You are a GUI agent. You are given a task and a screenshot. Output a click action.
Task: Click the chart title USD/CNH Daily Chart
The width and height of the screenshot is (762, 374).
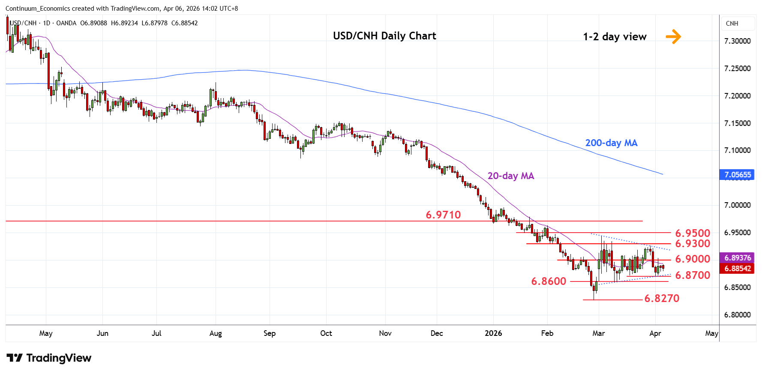click(384, 36)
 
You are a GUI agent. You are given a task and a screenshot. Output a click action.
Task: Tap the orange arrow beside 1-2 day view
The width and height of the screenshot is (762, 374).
click(673, 36)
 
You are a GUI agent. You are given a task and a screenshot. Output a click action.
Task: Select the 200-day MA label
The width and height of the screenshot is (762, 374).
click(611, 143)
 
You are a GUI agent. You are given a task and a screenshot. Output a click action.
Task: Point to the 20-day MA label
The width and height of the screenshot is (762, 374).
click(510, 176)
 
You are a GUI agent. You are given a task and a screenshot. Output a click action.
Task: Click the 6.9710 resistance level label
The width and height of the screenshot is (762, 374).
click(443, 215)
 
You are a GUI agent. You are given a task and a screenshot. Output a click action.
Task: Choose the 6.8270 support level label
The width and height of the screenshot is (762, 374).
click(662, 298)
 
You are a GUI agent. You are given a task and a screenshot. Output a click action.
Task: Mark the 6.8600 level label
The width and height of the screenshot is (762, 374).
click(549, 281)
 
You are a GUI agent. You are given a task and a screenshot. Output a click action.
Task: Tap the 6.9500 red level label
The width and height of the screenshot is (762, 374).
click(693, 233)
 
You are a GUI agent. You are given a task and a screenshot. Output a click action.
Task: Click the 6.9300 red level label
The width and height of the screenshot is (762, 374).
click(693, 243)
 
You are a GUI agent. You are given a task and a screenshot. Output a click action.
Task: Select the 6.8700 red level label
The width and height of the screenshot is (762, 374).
click(693, 275)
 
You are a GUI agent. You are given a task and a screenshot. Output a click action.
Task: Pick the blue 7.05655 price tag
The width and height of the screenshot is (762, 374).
click(738, 175)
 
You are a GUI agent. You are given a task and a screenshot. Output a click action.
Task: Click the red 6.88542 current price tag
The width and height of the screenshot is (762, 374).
click(738, 269)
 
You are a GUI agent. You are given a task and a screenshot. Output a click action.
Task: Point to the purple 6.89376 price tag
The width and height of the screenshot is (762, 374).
click(738, 258)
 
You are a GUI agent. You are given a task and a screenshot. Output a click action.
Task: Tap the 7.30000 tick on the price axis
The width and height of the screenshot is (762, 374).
click(737, 41)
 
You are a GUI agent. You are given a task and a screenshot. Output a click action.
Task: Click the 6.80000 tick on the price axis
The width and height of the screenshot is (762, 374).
click(737, 315)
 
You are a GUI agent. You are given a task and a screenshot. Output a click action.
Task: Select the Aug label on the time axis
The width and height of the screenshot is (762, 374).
click(216, 333)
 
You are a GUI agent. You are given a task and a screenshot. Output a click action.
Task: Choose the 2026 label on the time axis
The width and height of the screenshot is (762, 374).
click(493, 333)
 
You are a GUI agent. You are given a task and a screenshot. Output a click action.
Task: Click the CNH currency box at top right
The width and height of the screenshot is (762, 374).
click(732, 24)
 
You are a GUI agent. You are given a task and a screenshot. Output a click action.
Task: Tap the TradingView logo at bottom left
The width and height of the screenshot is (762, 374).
click(49, 358)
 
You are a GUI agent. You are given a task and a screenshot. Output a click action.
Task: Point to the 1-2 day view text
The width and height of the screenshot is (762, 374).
click(615, 37)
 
